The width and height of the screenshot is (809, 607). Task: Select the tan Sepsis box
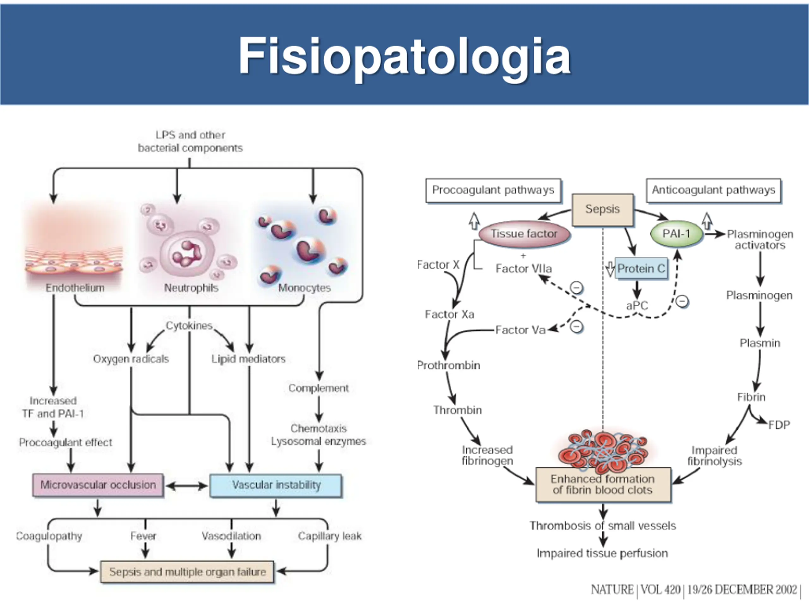(x=602, y=210)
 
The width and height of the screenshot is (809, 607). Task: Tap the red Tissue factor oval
(x=524, y=234)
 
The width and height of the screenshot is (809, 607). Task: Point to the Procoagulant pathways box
(x=493, y=190)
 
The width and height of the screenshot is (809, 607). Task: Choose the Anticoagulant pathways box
(x=713, y=190)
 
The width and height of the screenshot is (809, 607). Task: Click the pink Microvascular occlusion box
(x=98, y=485)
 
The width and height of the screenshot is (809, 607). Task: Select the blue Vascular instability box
(x=276, y=485)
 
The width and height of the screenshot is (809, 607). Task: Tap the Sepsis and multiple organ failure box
(x=187, y=572)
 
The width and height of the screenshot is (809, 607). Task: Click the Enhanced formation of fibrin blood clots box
(x=603, y=484)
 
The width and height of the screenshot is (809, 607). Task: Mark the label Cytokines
(x=189, y=326)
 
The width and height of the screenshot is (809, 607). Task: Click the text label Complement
(x=319, y=388)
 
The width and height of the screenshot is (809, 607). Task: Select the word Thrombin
(x=458, y=410)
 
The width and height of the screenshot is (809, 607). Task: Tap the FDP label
(x=779, y=425)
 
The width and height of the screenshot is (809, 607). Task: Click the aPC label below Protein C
(x=637, y=305)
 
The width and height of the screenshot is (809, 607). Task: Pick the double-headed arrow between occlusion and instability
(x=186, y=486)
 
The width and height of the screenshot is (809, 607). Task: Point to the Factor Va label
(x=520, y=330)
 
